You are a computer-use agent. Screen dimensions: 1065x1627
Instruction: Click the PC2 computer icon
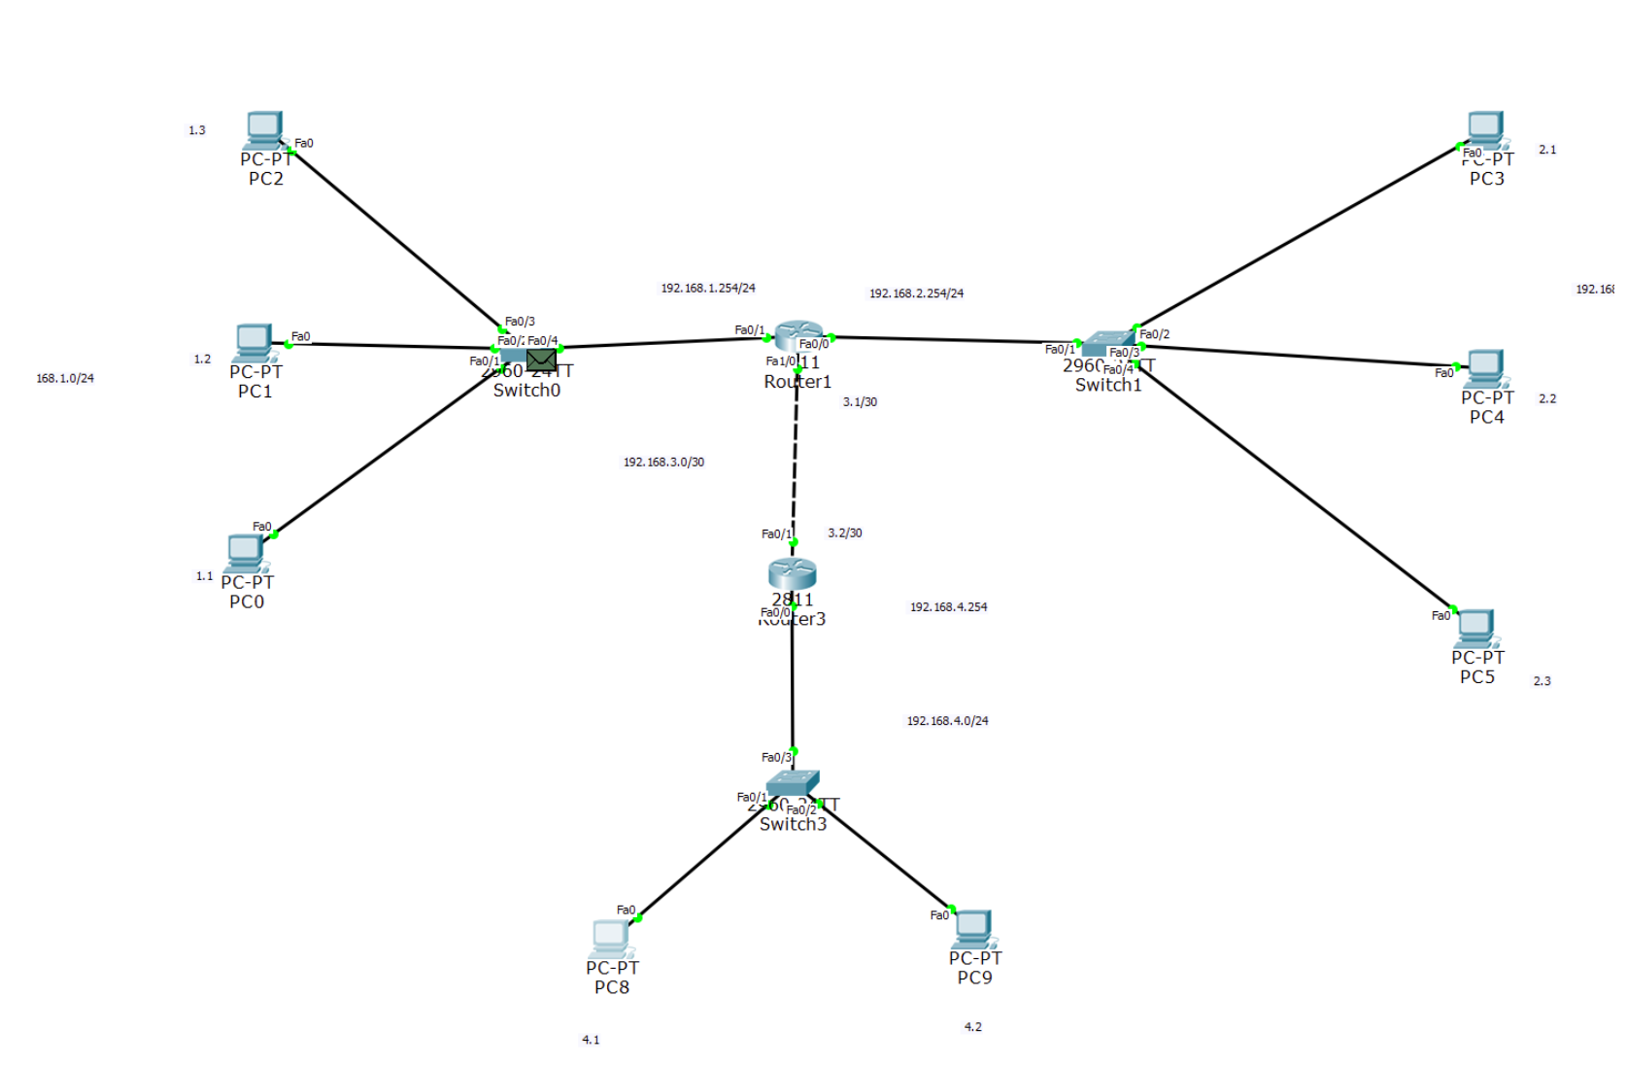coord(264,129)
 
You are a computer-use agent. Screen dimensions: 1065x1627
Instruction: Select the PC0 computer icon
coord(245,553)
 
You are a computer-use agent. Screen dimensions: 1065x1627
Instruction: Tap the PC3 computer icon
coord(1485,129)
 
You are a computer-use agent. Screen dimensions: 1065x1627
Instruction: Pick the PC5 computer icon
coord(1475,628)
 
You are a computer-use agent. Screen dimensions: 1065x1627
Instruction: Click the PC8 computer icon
coord(611,938)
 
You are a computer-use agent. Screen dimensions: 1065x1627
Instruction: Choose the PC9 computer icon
coord(972,929)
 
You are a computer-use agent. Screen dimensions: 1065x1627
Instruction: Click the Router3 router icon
coord(792,573)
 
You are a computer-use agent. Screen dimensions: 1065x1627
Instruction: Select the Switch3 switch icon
coord(792,782)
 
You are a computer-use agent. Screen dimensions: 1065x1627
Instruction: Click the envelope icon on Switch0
coord(541,361)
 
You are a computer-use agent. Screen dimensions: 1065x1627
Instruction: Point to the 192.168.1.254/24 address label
coord(708,289)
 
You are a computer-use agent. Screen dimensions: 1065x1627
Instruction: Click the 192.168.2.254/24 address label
coord(916,293)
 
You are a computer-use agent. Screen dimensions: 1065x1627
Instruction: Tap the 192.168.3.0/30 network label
coord(663,463)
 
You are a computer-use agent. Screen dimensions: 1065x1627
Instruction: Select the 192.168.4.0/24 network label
coord(947,721)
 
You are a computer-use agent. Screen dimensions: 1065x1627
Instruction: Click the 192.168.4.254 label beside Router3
coord(948,607)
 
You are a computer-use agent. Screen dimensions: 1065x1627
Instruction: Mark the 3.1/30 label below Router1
coord(860,402)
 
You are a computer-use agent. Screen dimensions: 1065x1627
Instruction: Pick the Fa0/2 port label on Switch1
coord(1154,334)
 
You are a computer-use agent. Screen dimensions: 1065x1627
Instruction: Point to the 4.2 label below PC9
coord(972,1027)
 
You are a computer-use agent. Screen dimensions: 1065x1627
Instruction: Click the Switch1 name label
coord(1108,386)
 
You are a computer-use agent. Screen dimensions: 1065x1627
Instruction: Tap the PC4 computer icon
coord(1485,367)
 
